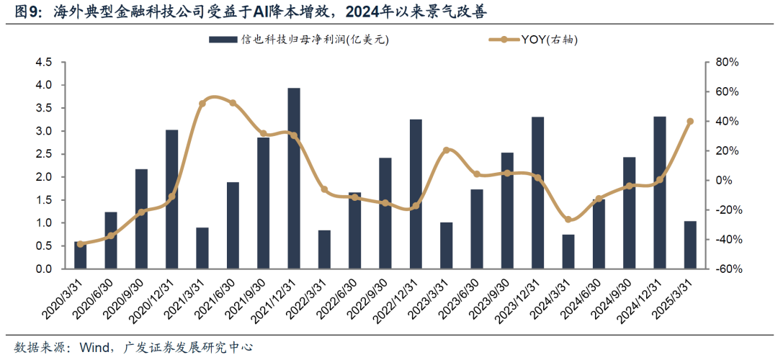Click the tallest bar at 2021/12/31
click(x=294, y=179)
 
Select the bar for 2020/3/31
click(x=80, y=256)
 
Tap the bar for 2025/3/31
click(x=690, y=245)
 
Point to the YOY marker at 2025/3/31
click(x=690, y=122)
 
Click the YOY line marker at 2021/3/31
click(x=202, y=104)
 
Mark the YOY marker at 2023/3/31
click(x=446, y=150)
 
